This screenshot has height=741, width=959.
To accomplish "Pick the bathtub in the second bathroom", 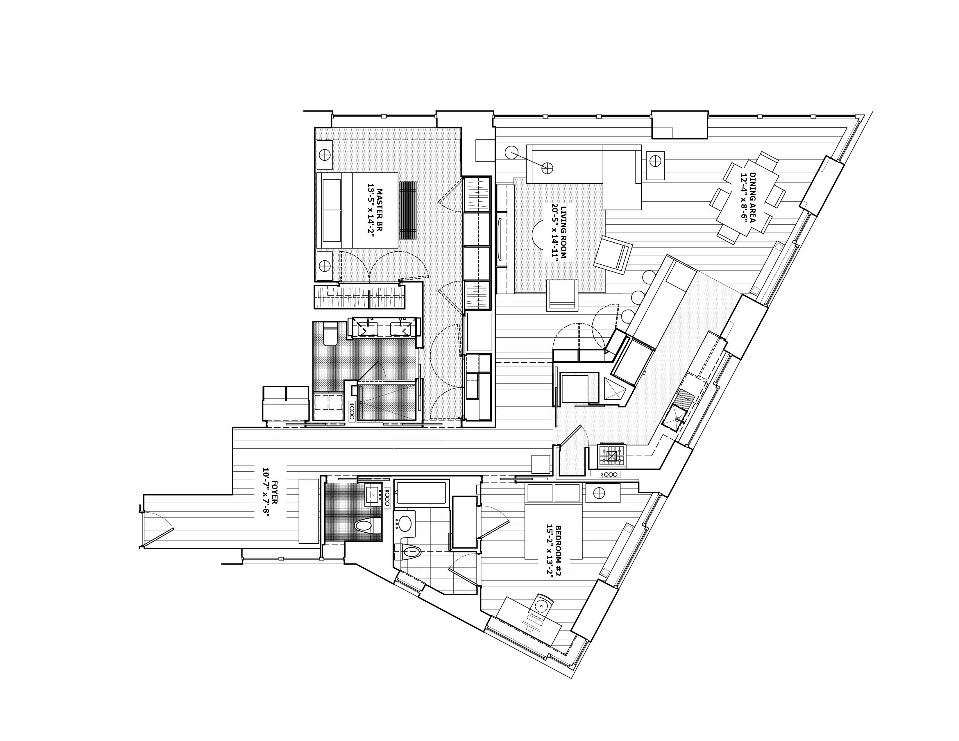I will tap(421, 493).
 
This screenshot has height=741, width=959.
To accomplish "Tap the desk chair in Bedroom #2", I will tap(541, 605).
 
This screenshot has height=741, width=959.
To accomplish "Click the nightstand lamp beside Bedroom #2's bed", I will tap(599, 493).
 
